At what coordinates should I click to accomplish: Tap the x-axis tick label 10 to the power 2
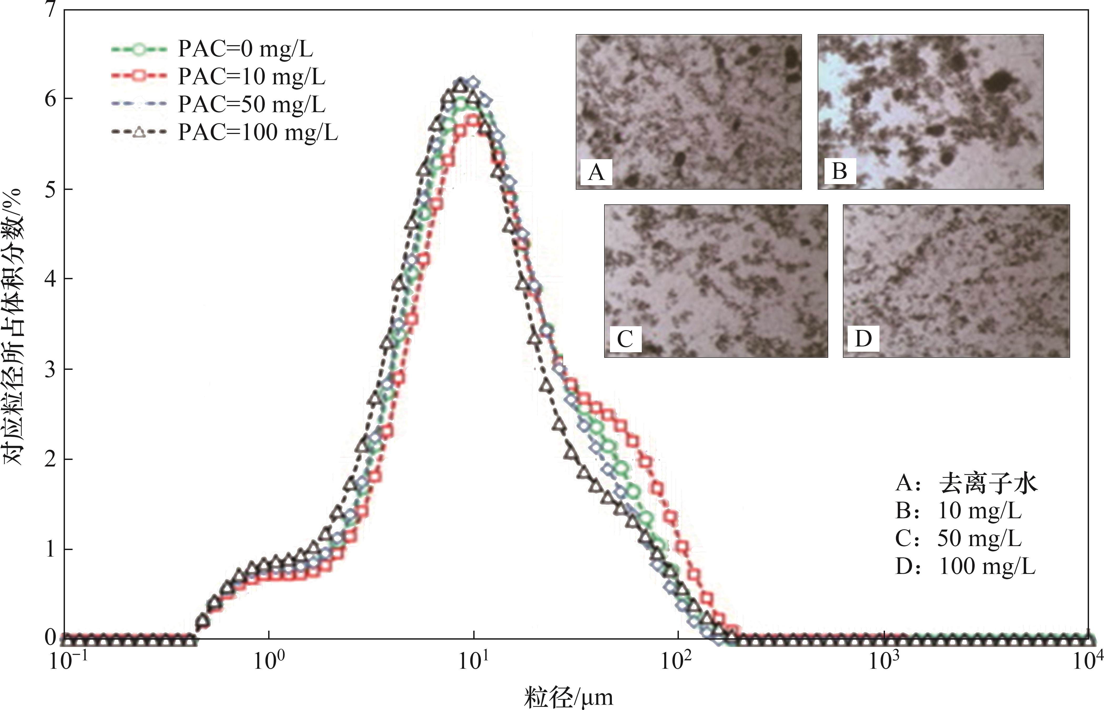tap(677, 662)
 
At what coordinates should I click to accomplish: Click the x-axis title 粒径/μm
tap(568, 697)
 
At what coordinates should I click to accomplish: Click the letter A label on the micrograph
tap(596, 172)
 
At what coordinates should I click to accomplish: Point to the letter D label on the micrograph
tap(863, 339)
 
